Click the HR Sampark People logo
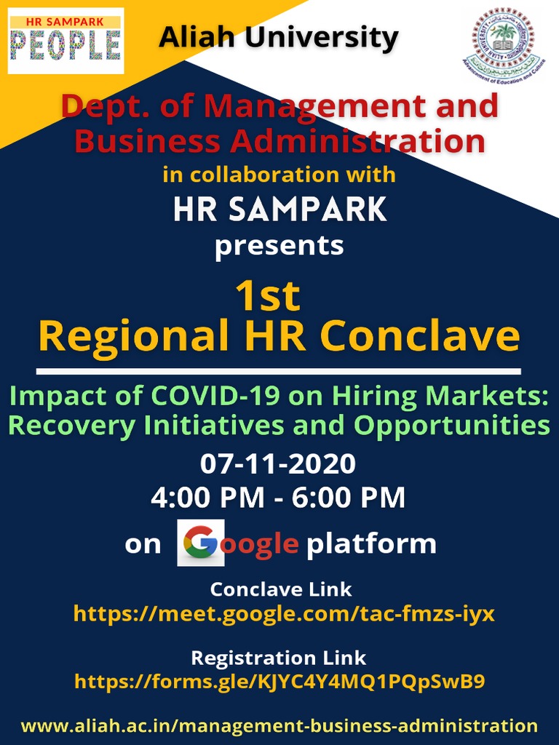point(66,41)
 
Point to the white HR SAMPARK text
point(280,210)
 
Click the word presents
point(279,245)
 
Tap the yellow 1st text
point(267,296)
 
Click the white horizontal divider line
point(279,372)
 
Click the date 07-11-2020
point(278,463)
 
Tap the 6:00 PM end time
point(349,498)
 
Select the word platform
point(371,543)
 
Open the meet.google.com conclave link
point(284,613)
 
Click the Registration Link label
point(279,658)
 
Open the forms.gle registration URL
point(279,682)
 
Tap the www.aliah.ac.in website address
point(279,725)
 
